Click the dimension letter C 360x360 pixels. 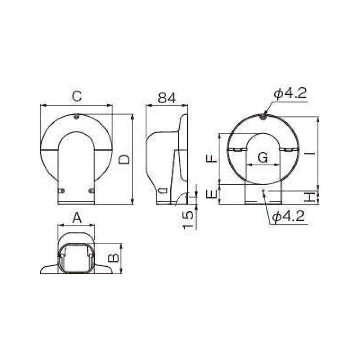(76, 97)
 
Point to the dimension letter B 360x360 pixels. (114, 257)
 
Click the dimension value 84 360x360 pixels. (167, 98)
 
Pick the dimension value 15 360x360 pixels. (188, 220)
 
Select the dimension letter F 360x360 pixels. (212, 158)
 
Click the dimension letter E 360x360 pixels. (212, 194)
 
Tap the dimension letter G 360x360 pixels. (263, 158)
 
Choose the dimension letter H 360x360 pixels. (311, 197)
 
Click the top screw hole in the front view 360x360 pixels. (76, 118)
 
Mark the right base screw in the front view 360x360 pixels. (90, 190)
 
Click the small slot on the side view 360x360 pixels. (162, 190)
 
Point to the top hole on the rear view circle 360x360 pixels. (263, 118)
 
